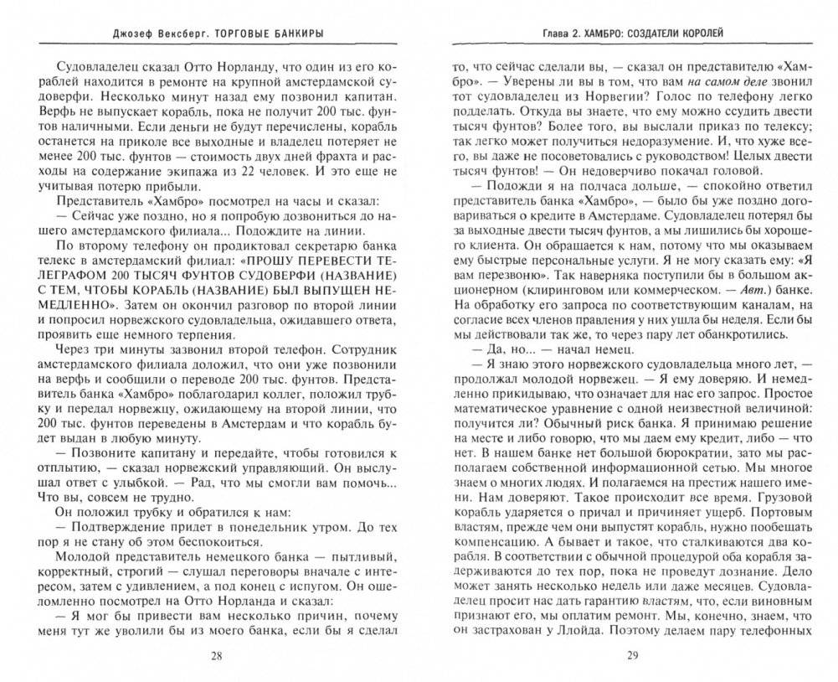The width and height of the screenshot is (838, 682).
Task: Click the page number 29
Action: tap(631, 656)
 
